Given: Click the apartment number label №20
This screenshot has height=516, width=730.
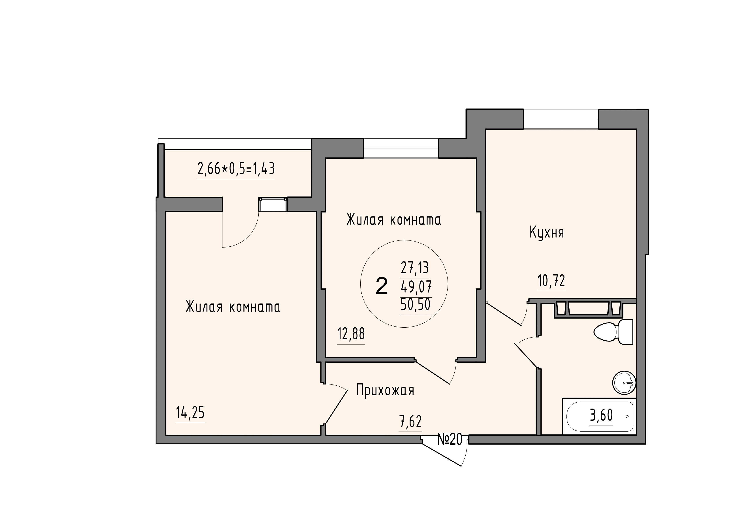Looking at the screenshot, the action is coord(450,439).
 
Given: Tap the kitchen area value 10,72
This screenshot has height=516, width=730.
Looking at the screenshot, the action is coord(551,281).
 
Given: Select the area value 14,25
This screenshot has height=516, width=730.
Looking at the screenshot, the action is coord(190,413).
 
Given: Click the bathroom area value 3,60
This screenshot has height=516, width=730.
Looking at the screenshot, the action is coord(601,415).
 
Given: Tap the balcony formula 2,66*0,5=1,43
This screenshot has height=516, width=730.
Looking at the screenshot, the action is coord(236,169).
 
